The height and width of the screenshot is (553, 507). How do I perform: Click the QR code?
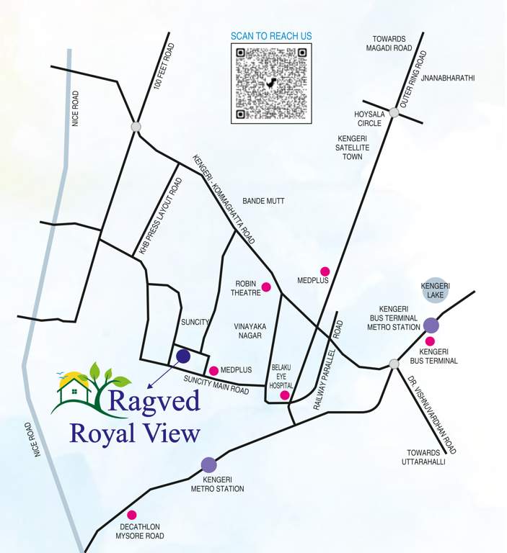tap(271, 84)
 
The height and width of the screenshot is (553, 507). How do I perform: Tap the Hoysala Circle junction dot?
tap(394, 112)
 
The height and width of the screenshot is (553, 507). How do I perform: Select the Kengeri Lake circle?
tap(436, 290)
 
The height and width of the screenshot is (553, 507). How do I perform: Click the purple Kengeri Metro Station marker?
tap(208, 465)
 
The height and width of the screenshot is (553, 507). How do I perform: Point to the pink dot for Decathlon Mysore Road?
tap(132, 515)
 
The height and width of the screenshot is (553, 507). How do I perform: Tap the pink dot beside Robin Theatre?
tap(266, 287)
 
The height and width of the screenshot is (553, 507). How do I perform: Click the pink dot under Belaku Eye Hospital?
tap(285, 395)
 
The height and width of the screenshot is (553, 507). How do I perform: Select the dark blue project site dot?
tap(183, 356)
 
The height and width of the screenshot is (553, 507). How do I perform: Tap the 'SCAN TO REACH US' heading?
tap(271, 36)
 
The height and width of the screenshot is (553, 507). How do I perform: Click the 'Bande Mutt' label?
tap(264, 201)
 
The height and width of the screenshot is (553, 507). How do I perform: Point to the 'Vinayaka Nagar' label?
tap(250, 331)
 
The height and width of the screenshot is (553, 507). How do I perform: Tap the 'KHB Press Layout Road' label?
tap(159, 217)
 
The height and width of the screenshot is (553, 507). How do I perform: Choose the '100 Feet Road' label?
tap(164, 66)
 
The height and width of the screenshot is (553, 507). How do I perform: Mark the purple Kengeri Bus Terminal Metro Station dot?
tap(431, 325)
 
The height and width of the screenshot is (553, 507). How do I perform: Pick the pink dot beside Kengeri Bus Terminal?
tap(431, 341)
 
